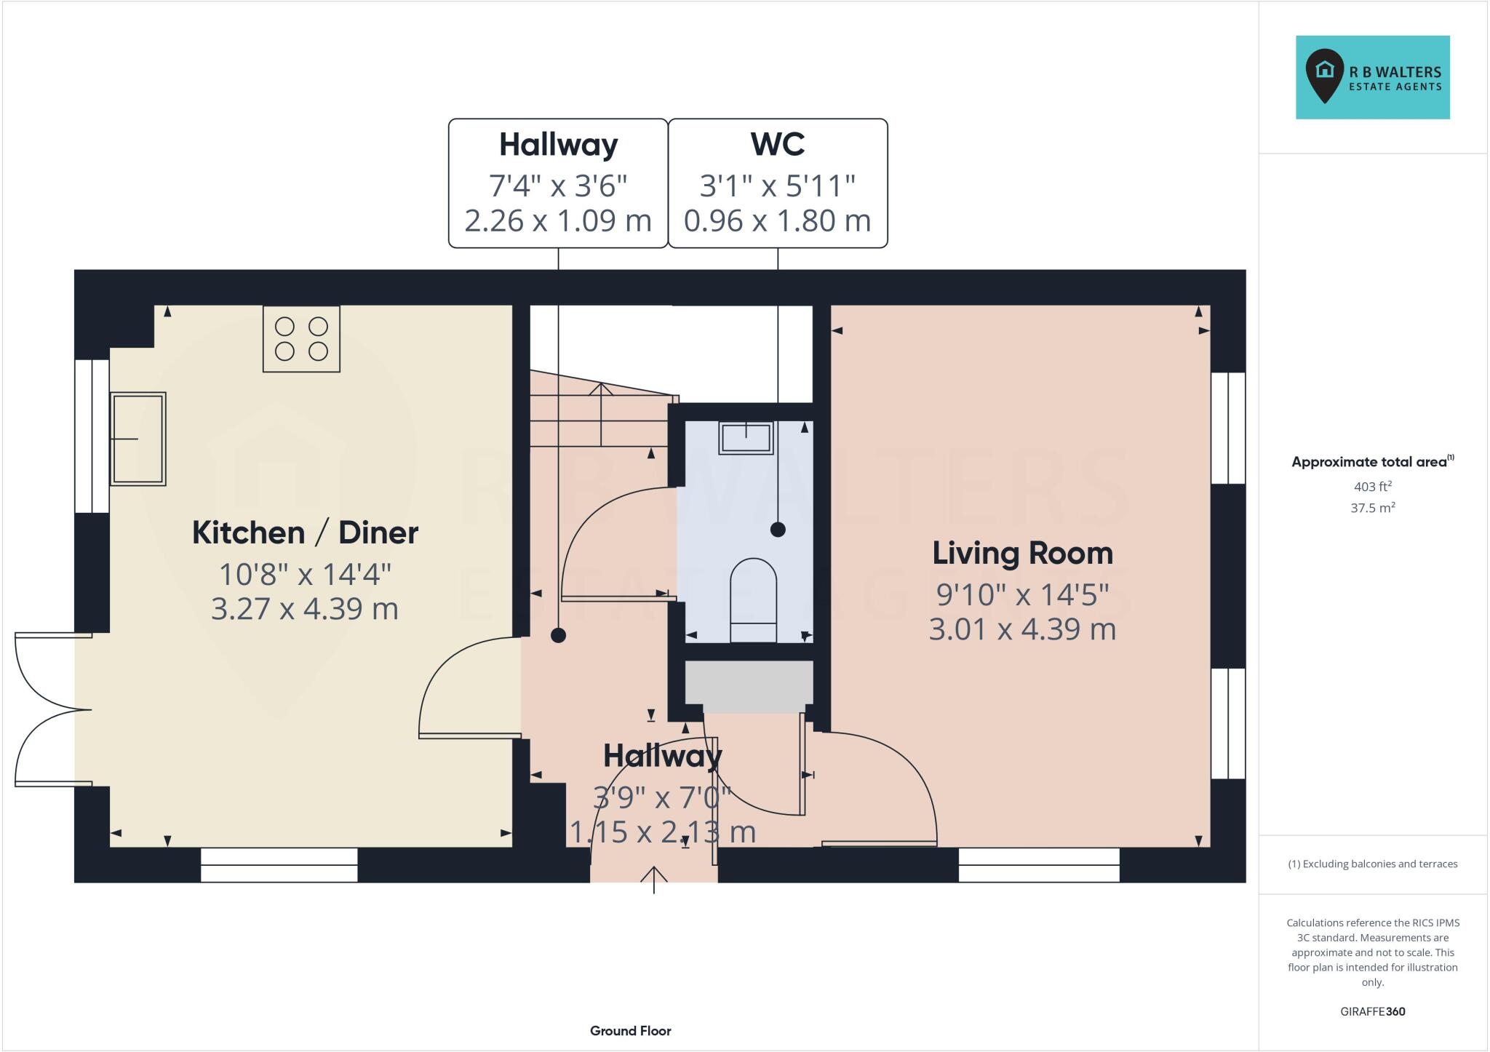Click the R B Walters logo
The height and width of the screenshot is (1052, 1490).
click(x=1372, y=77)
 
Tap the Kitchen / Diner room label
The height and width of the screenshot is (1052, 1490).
click(x=305, y=533)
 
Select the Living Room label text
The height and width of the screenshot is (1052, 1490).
click(x=1022, y=554)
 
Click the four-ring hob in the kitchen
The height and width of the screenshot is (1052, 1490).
click(x=301, y=339)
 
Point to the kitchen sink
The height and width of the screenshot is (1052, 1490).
click(x=138, y=439)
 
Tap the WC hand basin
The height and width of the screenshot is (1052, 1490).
click(x=746, y=438)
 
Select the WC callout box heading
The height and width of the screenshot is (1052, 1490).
click(x=777, y=144)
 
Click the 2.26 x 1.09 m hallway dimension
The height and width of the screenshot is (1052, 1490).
click(x=557, y=220)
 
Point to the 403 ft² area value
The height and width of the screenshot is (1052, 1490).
click(x=1372, y=486)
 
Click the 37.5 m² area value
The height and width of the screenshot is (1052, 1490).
click(x=1372, y=508)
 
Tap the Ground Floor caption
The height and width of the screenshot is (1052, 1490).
click(x=630, y=1031)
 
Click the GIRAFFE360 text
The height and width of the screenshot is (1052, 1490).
click(x=1372, y=1011)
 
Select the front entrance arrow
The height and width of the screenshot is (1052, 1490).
click(x=654, y=878)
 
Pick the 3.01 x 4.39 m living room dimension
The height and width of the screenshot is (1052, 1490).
click(x=1022, y=629)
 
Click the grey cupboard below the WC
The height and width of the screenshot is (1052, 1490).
click(x=749, y=686)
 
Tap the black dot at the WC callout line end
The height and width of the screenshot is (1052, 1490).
click(x=778, y=530)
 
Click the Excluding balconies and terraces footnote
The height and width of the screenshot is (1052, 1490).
click(x=1372, y=864)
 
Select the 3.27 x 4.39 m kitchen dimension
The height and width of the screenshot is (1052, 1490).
click(x=305, y=609)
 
